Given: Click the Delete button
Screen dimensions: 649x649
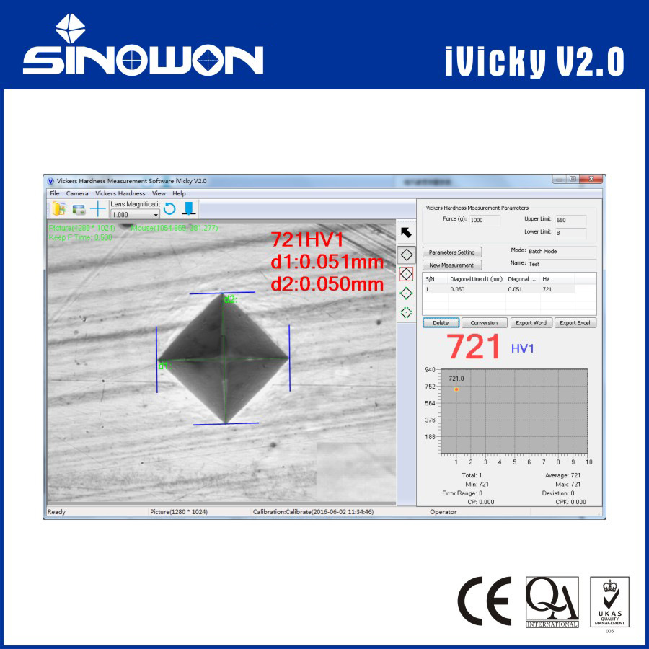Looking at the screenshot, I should pos(440,323).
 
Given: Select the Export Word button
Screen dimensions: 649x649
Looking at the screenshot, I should pos(530,323).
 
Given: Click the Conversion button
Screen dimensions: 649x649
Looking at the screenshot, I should pos(484,323).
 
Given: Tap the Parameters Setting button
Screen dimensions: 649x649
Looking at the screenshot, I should pos(451,252).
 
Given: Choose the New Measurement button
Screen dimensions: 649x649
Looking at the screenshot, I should pos(451,265).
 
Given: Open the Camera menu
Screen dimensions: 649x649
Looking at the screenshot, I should pos(77,193).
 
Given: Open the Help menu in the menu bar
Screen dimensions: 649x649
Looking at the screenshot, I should pos(179,193).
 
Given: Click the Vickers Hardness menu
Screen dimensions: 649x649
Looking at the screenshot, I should pos(120,193).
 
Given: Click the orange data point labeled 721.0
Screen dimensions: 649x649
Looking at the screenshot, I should pos(456,389).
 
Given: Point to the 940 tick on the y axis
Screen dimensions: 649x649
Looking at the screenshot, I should pos(430,369).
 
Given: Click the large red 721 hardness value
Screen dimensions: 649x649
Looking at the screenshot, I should pos(472,348).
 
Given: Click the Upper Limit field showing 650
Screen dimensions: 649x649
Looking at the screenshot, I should pos(570,220).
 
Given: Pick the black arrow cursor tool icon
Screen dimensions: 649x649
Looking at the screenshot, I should pos(407,232).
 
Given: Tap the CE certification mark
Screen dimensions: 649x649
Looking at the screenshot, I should pos(484,601).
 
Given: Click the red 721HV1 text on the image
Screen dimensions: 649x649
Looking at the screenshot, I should pos(307,240).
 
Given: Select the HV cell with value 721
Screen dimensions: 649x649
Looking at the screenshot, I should pos(547,288).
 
